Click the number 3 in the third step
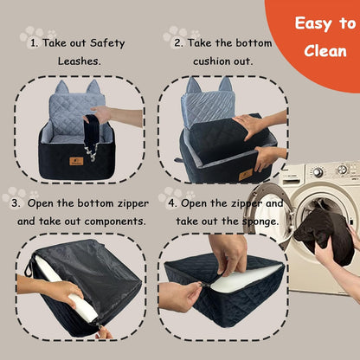click(16, 202)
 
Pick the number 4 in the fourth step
click(171, 202)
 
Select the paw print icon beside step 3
click(14, 194)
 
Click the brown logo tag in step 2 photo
click(246, 174)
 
